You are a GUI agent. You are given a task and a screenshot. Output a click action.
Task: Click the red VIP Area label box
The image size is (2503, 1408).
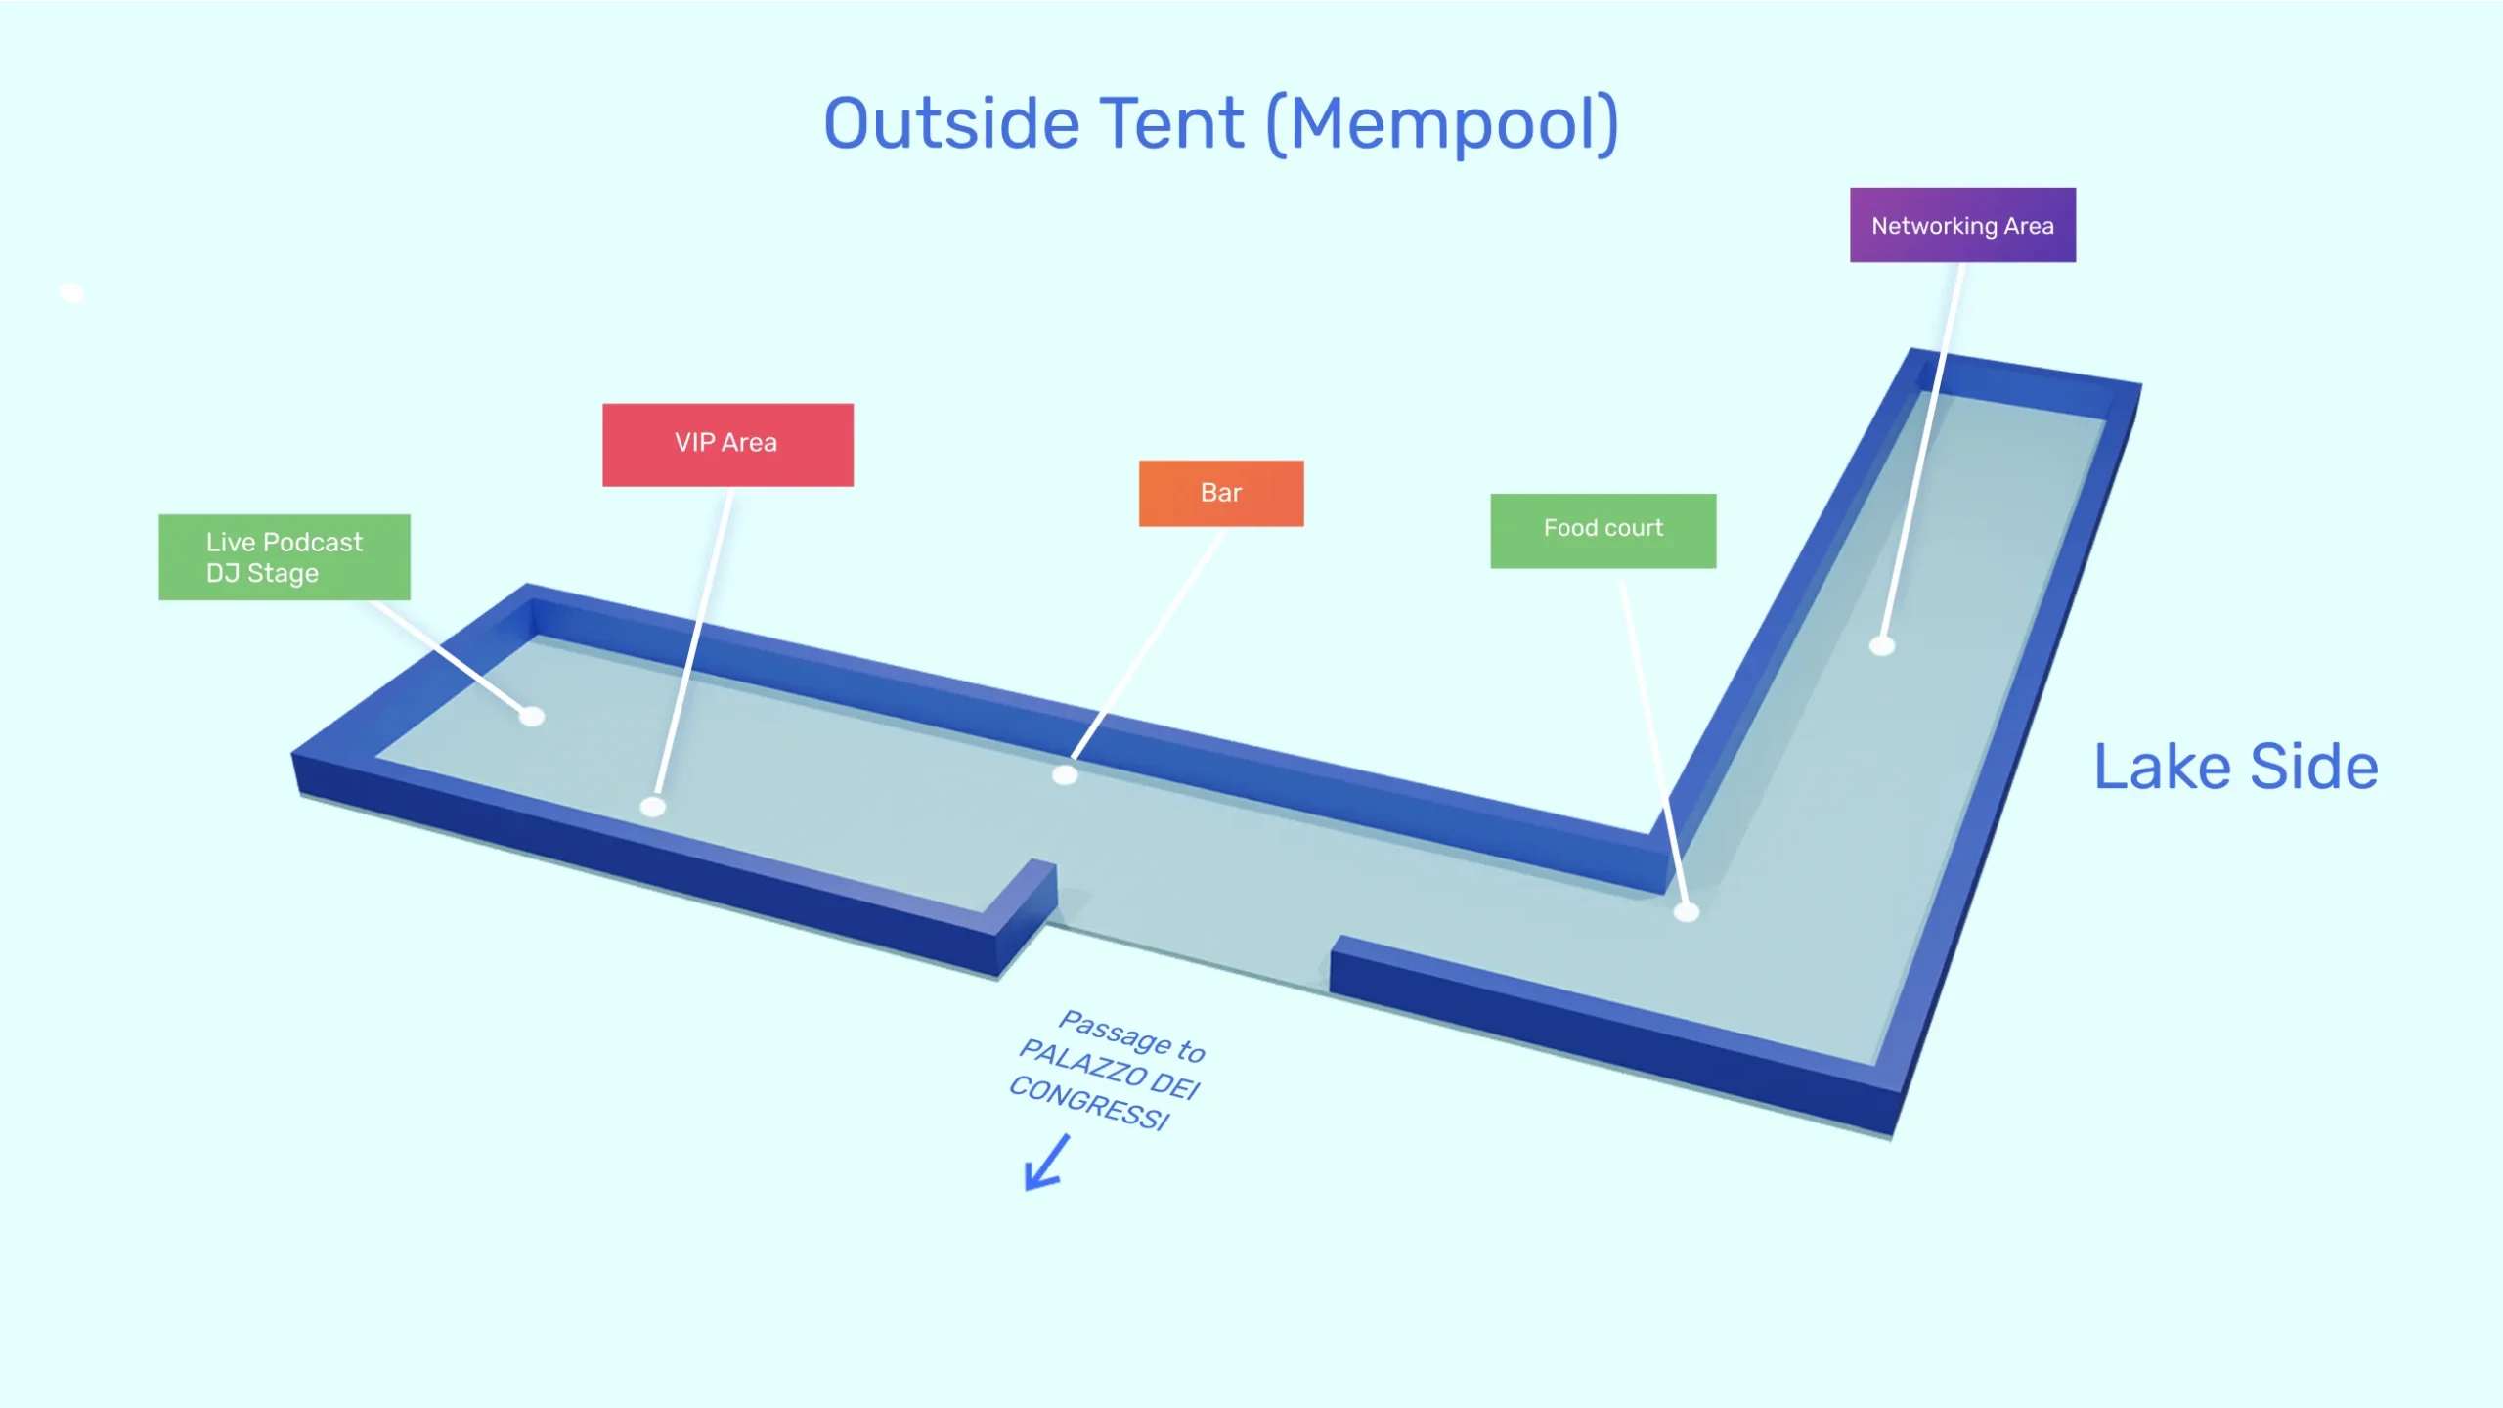click(x=727, y=445)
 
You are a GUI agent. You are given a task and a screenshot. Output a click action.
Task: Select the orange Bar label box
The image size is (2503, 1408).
click(x=1221, y=494)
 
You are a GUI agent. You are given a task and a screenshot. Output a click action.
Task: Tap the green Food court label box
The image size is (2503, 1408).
click(x=1603, y=530)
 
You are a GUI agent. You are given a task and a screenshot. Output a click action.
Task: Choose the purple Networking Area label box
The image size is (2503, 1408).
click(x=1962, y=225)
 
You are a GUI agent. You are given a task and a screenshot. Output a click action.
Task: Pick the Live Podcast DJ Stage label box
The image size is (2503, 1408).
click(x=285, y=557)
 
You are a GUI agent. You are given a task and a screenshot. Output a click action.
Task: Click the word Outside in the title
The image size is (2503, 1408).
click(x=951, y=124)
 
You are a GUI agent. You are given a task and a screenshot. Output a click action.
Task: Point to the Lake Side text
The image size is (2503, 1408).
click(x=2236, y=767)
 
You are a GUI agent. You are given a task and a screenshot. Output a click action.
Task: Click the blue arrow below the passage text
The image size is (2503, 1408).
click(x=1046, y=1164)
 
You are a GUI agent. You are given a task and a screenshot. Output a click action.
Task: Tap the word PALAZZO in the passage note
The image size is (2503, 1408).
click(x=1082, y=1064)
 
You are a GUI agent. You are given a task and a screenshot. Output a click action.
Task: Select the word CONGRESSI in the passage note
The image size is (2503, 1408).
click(x=1088, y=1102)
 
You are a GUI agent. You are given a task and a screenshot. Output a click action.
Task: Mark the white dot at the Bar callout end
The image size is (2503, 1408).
click(x=1065, y=775)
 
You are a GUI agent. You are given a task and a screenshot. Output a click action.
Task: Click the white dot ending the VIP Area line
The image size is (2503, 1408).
click(x=653, y=807)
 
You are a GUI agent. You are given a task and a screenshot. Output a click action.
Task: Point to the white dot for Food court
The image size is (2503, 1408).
click(x=1687, y=912)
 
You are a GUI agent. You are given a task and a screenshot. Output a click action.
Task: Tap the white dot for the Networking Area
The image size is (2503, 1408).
click(x=1882, y=645)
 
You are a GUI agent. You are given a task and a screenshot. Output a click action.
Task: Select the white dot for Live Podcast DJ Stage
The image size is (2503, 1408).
click(x=532, y=717)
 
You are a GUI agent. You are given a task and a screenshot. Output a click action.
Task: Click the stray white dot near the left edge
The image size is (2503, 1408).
click(x=71, y=292)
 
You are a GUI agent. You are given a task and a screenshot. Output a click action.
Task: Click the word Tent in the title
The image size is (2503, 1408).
click(x=1173, y=124)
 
